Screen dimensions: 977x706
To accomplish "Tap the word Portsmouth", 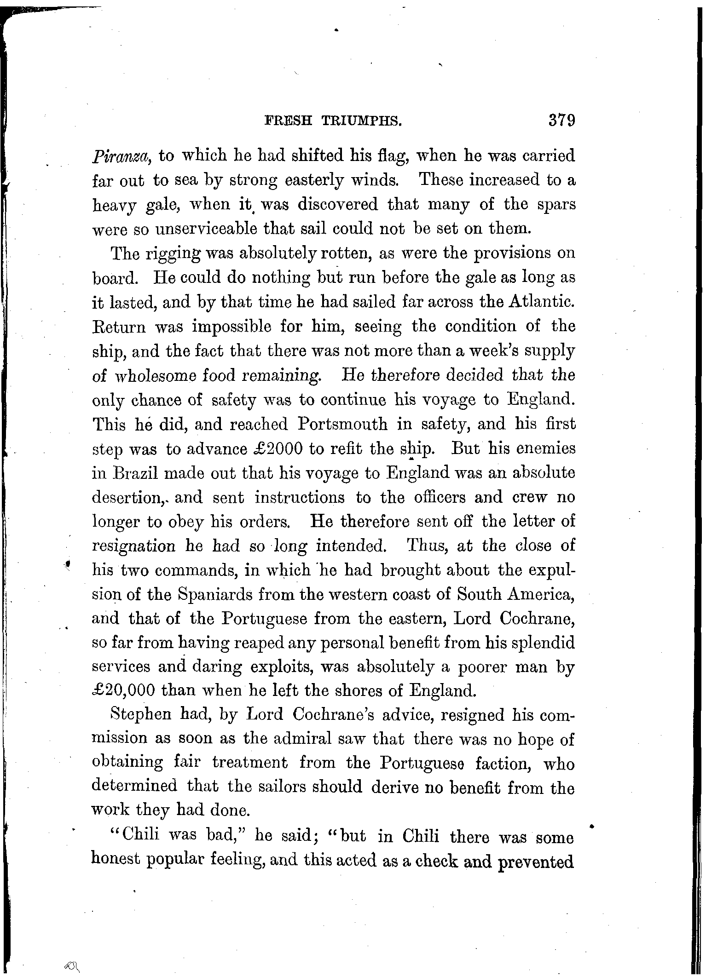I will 342,424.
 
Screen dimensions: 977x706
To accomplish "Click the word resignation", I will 134,546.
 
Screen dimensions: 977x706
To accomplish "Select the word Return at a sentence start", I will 119,327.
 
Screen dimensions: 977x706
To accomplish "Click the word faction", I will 504,763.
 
